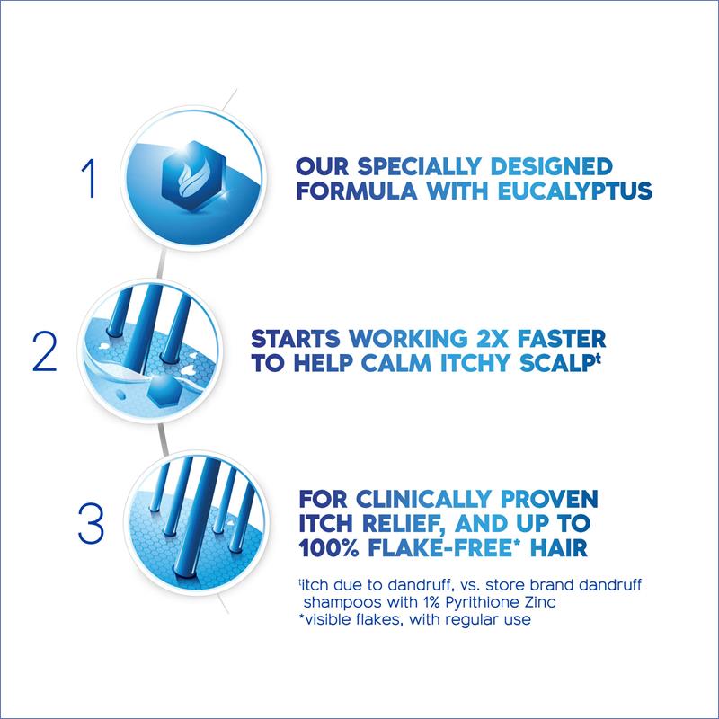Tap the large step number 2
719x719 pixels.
[45, 351]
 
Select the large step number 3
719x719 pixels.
[91, 524]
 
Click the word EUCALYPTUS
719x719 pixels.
[574, 191]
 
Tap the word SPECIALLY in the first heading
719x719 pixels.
[419, 166]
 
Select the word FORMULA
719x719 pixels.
[357, 191]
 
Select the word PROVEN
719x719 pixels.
[549, 499]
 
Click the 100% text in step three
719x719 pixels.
[328, 548]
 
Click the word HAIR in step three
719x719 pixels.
[558, 548]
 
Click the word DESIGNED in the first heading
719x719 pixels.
[551, 166]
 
